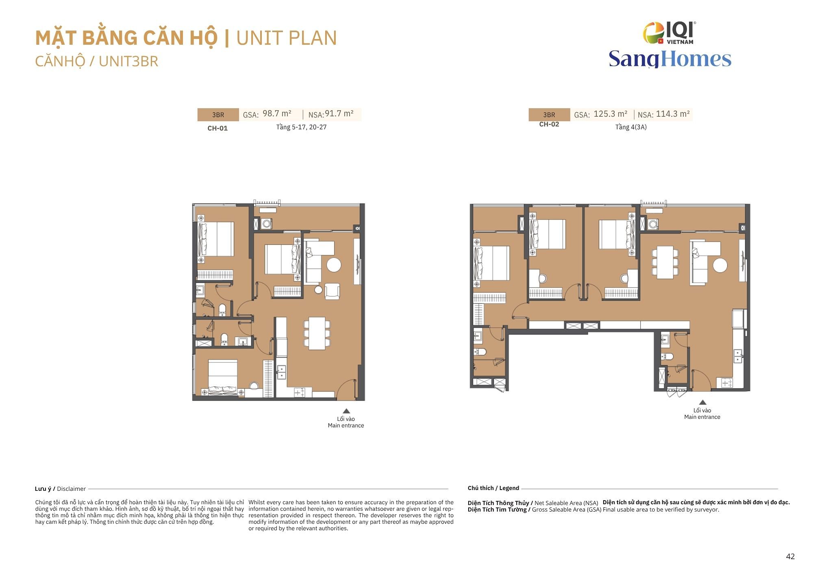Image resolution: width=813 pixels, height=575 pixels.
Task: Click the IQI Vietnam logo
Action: [669, 33]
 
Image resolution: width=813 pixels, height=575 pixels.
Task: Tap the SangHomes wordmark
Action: [670, 59]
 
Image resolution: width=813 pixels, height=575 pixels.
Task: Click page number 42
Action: [790, 557]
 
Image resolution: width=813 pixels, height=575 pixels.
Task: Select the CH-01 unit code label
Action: [217, 128]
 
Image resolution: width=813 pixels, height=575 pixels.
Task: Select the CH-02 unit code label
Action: [549, 124]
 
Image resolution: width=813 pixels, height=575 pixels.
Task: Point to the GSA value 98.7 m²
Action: [277, 113]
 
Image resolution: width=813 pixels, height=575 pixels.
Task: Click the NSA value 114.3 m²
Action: [673, 114]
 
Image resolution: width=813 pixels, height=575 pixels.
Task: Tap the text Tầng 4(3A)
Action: [631, 127]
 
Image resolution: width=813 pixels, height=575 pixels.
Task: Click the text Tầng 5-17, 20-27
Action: [301, 127]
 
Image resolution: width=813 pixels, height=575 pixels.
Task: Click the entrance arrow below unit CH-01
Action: [346, 411]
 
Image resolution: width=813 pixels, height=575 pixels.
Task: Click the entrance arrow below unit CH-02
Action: [702, 402]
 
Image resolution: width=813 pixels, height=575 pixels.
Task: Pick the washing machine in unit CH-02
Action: [653, 224]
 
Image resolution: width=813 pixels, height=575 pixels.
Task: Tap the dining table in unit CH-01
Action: [317, 333]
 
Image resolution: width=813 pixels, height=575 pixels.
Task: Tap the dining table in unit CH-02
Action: [665, 262]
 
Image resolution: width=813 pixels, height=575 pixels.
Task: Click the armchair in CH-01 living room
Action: [333, 291]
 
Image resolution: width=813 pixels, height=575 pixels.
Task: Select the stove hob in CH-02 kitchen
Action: [727, 383]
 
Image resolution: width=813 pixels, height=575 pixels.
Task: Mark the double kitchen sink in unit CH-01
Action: [281, 372]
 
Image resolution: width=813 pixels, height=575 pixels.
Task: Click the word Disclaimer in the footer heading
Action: [72, 489]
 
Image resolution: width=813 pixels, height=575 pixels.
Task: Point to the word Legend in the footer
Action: [509, 488]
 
